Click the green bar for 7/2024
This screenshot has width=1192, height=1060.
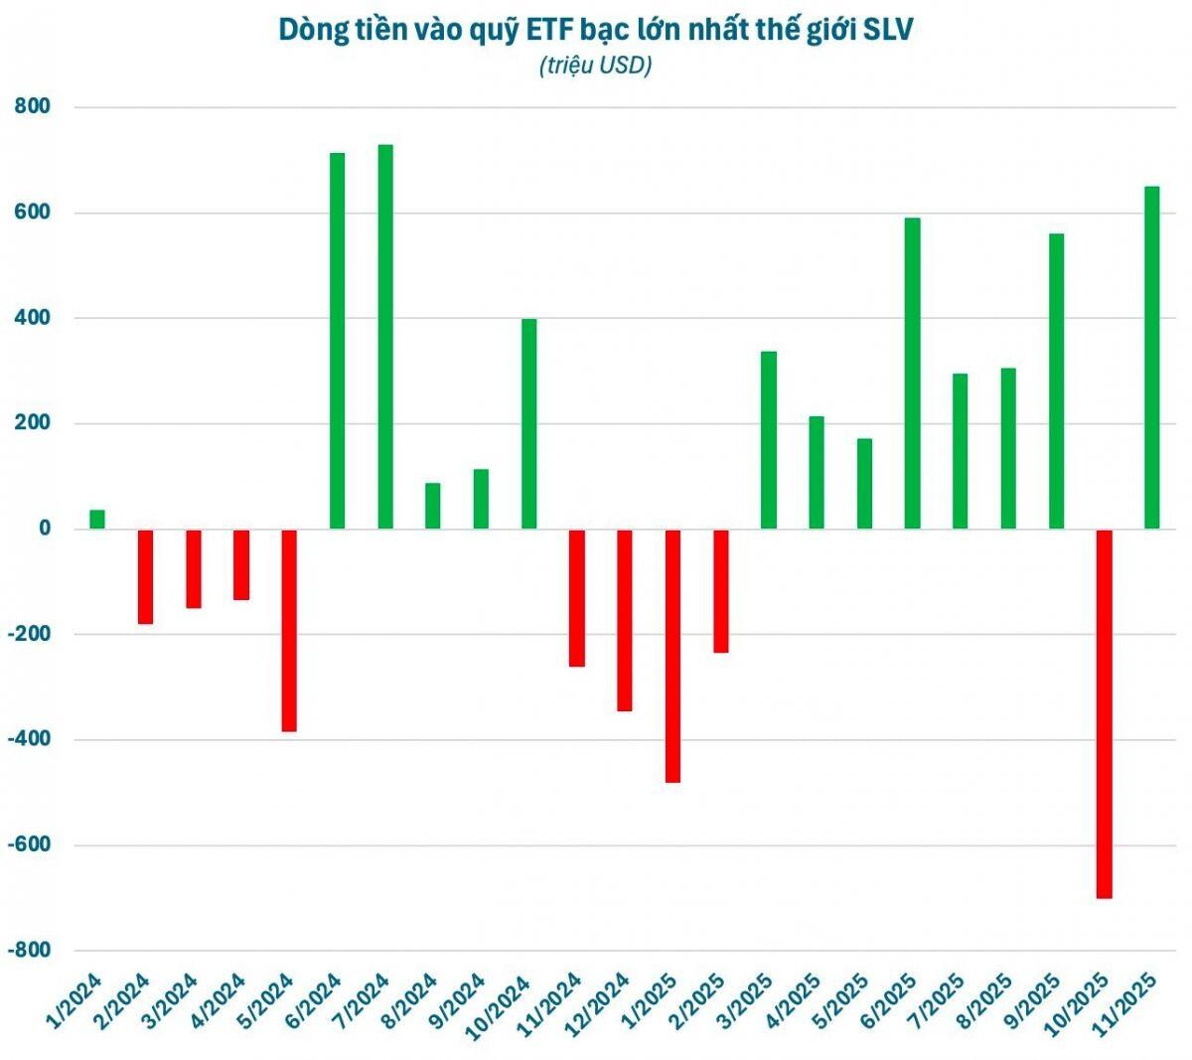click(385, 337)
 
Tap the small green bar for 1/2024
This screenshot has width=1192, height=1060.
click(97, 520)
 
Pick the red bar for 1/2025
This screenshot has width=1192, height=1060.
click(672, 656)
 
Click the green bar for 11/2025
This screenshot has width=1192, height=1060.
click(1152, 358)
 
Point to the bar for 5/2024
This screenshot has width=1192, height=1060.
click(289, 630)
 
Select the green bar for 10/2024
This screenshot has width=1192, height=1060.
click(529, 424)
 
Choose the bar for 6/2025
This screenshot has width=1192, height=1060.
click(912, 374)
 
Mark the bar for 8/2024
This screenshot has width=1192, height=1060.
click(433, 506)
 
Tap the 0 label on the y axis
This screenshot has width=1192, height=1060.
click(45, 529)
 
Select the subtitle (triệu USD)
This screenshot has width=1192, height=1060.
click(595, 66)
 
